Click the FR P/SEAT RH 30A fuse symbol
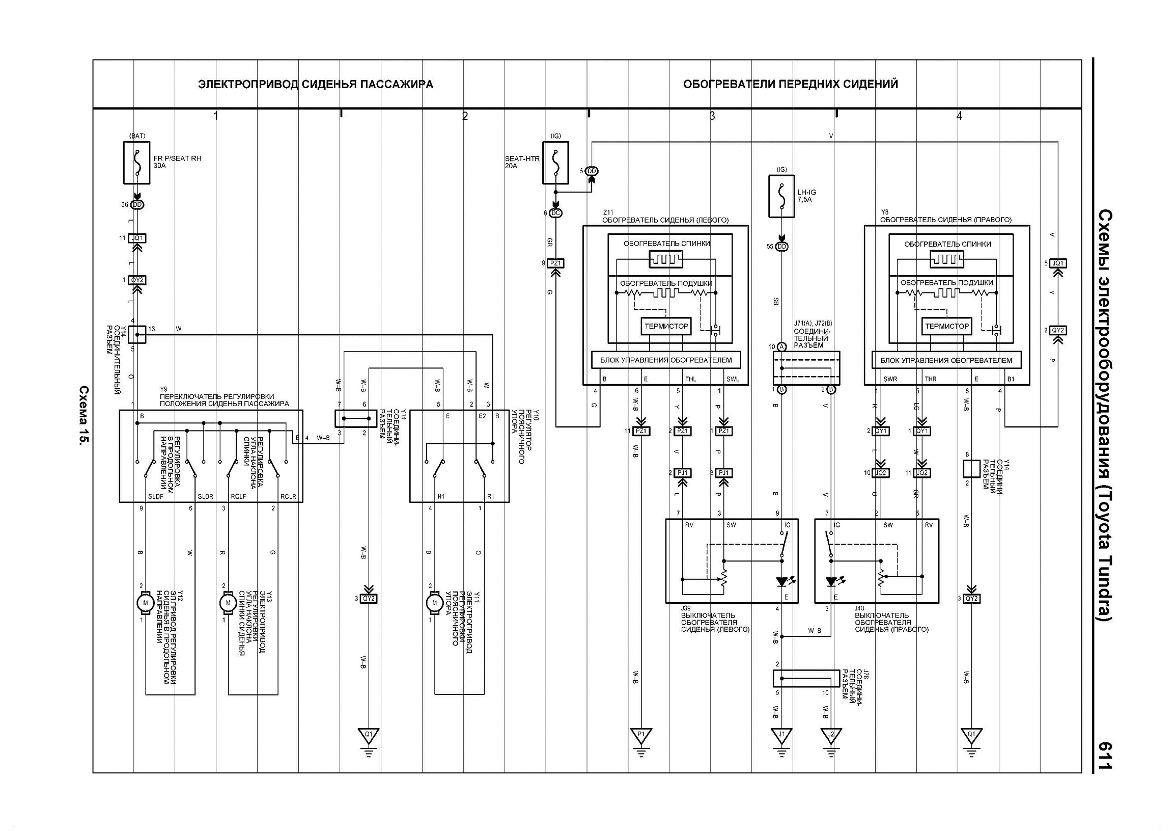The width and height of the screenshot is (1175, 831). coord(137,163)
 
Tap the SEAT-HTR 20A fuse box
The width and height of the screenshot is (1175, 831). coord(556,163)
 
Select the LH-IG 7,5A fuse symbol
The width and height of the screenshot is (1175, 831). coord(781,196)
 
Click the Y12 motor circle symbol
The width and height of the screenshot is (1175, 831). coord(145,603)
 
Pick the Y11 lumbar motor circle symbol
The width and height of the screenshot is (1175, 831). coord(434,603)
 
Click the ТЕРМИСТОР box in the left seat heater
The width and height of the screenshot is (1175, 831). coord(666,326)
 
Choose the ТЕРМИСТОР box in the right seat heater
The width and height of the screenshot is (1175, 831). coord(947,326)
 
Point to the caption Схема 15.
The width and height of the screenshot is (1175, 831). coord(83,416)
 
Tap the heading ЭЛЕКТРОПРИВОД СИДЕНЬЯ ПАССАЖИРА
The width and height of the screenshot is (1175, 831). coord(316,85)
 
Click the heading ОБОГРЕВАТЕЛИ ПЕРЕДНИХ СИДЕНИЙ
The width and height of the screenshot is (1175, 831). coord(791,84)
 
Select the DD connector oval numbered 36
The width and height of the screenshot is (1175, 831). coord(137,205)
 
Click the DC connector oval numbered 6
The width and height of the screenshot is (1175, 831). coord(555,213)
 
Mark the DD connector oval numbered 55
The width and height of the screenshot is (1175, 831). coord(781,247)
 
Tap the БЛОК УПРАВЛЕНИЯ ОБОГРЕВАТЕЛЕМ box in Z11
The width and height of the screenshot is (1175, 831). coord(666,360)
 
